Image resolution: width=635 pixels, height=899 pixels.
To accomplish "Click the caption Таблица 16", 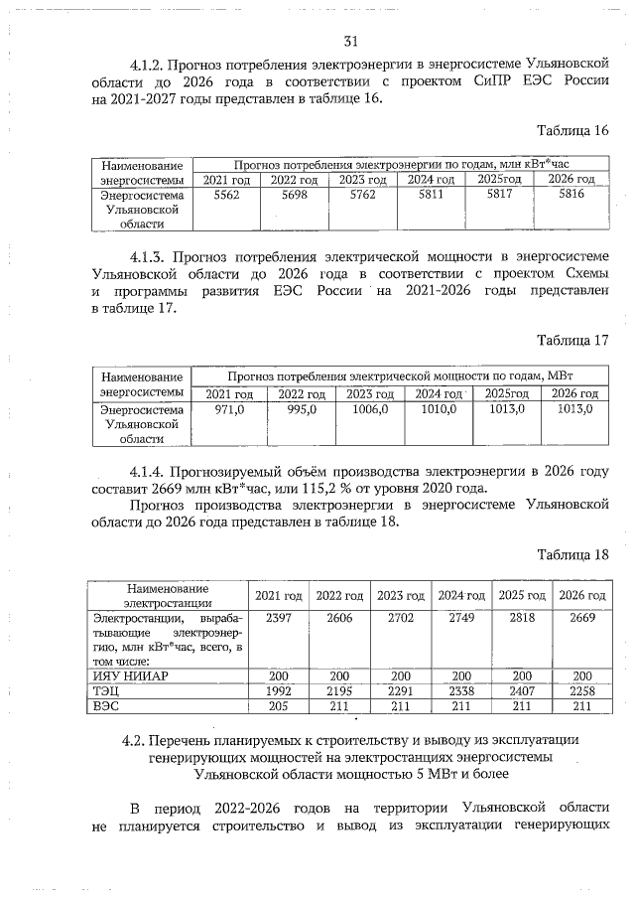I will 572,131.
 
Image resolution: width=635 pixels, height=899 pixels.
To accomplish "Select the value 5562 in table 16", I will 226,196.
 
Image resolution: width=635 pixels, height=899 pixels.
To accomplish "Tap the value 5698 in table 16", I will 294,196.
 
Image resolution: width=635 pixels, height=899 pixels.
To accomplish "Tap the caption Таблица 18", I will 572,553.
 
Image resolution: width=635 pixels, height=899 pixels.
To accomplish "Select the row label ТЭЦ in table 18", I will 105,690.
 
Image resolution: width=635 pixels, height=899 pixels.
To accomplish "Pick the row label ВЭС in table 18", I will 105,706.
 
